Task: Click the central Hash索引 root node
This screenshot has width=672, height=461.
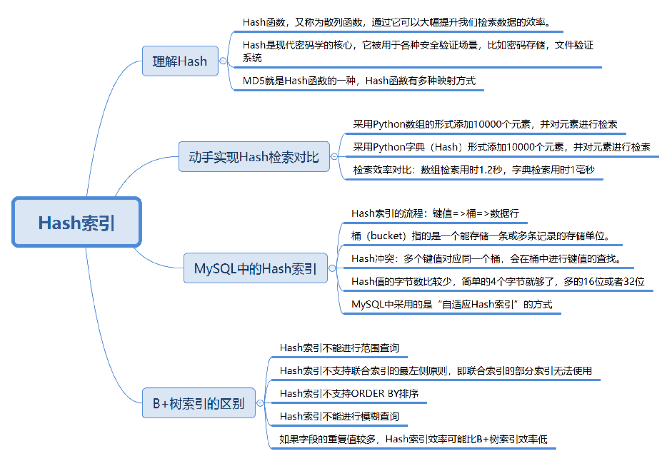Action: click(77, 223)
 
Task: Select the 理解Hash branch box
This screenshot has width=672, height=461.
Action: click(180, 61)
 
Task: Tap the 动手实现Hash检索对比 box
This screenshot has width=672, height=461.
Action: click(254, 157)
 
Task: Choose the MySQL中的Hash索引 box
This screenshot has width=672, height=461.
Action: click(255, 268)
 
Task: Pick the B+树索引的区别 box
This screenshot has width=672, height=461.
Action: click(198, 403)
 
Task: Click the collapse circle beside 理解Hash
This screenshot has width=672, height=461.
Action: click(223, 61)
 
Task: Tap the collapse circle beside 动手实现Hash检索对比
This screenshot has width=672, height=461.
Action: click(334, 157)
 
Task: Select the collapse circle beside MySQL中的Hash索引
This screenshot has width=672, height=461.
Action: click(332, 268)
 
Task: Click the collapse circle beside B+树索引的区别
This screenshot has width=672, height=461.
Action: click(260, 403)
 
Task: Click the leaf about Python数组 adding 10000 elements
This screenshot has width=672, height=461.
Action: click(485, 124)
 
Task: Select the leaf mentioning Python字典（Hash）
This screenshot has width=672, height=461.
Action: click(501, 147)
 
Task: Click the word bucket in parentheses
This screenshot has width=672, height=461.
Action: click(386, 236)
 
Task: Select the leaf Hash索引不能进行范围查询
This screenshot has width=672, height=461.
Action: click(339, 348)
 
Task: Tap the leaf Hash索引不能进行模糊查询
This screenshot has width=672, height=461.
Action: click(339, 416)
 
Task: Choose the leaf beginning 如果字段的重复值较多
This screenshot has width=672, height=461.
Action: click(413, 439)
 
